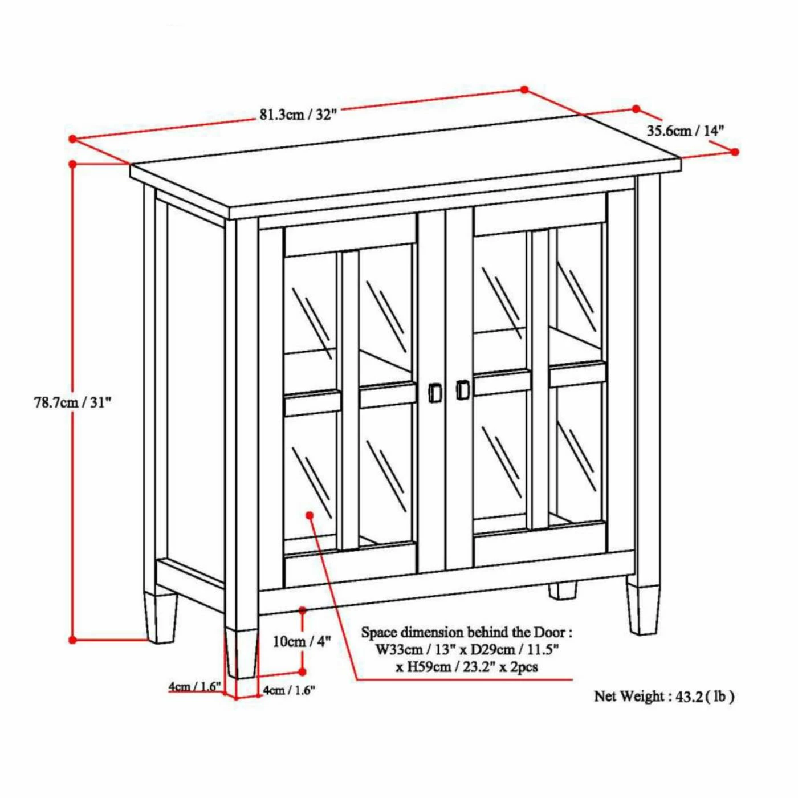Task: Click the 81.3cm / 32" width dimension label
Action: tap(296, 115)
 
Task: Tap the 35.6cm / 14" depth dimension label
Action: tap(685, 131)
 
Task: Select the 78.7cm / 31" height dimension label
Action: tap(72, 402)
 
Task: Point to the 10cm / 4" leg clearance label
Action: tap(302, 653)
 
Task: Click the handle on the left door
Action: tap(434, 391)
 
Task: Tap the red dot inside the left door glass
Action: tap(310, 515)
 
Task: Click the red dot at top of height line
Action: tap(72, 164)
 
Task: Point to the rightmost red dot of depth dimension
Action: tap(735, 152)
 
